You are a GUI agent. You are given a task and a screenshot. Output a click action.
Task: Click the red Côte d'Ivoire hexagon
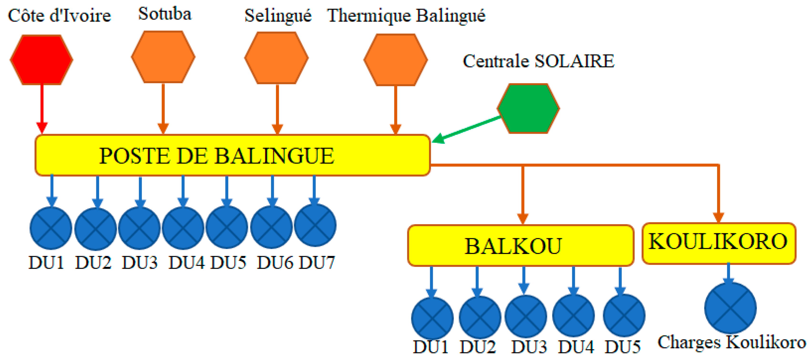[41, 60]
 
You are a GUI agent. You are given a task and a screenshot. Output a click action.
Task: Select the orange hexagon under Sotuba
[163, 57]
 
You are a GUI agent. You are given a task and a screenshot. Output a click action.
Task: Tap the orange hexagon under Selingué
[276, 58]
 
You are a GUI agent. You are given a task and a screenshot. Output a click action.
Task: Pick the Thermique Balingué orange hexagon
[395, 60]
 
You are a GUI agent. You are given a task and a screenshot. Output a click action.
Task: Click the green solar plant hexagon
[528, 109]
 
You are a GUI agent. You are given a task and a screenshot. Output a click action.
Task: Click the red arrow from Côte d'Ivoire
[42, 107]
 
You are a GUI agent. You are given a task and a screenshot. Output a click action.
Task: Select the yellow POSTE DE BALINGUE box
[232, 155]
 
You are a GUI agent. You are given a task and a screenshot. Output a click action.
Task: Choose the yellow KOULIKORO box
[719, 243]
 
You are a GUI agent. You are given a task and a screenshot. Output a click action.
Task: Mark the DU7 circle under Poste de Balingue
[315, 225]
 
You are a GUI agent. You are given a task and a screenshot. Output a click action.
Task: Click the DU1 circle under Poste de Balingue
[51, 228]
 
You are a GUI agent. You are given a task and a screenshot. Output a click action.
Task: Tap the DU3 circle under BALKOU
[526, 316]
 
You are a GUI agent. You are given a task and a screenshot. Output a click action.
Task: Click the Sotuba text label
[165, 14]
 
